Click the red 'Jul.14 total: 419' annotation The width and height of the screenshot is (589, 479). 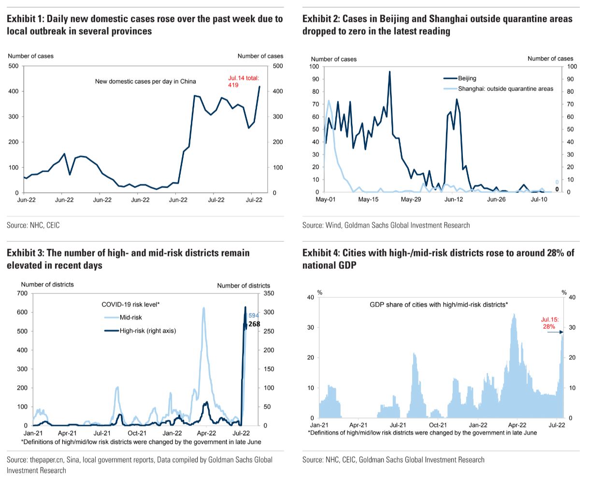pyautogui.click(x=244, y=81)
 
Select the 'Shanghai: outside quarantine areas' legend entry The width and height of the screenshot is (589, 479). pyautogui.click(x=498, y=89)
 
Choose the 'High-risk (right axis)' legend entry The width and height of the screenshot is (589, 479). pyautogui.click(x=140, y=331)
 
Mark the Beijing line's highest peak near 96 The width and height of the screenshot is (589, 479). pyautogui.click(x=389, y=72)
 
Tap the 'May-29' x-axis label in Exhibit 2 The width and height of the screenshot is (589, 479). pyautogui.click(x=411, y=199)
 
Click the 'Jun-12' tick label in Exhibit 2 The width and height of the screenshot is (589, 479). pyautogui.click(x=454, y=199)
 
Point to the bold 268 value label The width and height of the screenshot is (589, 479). pyautogui.click(x=254, y=324)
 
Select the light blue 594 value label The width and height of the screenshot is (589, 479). pyautogui.click(x=254, y=316)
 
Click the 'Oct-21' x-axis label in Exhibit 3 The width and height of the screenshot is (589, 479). pyautogui.click(x=137, y=433)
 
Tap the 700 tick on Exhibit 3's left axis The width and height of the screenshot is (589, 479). pyautogui.click(x=23, y=293)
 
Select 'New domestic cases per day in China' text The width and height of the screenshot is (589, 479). pyautogui.click(x=145, y=81)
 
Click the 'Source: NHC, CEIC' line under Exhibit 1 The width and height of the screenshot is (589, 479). pyautogui.click(x=33, y=225)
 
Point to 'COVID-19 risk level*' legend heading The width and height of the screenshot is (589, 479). pyautogui.click(x=130, y=304)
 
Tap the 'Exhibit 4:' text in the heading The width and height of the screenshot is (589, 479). pyautogui.click(x=321, y=253)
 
